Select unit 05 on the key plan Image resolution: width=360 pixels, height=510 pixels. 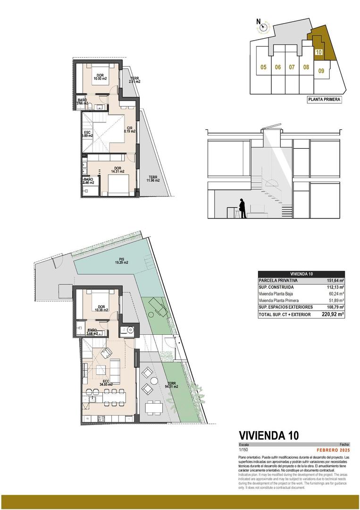tap(263, 68)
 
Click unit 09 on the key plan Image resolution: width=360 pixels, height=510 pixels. tap(321, 71)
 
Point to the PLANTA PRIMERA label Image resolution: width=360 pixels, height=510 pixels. tap(324, 100)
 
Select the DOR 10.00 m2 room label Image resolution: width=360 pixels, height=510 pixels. tap(100, 77)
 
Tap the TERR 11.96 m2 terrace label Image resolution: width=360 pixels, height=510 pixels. tap(153, 178)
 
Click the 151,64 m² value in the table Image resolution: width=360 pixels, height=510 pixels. tap(335, 280)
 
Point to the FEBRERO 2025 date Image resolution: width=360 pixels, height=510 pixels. tap(333, 450)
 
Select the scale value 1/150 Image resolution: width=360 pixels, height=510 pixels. tap(244, 450)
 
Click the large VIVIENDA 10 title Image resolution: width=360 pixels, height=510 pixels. tap(269, 435)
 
